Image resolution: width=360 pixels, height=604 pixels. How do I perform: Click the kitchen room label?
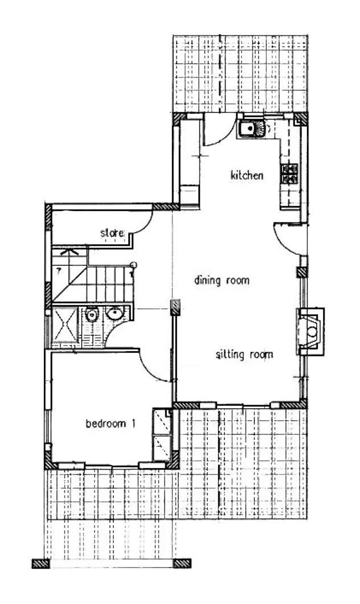(247, 176)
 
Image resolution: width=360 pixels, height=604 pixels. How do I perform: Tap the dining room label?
(222, 280)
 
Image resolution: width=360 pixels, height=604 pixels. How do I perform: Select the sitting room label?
(244, 355)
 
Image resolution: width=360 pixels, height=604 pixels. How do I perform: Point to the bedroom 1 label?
(111, 424)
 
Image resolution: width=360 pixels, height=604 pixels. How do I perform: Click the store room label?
(112, 233)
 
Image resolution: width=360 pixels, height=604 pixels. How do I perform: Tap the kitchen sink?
(252, 129)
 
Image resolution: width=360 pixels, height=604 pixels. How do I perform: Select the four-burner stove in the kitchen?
(290, 173)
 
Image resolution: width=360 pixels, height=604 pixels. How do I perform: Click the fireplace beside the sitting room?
(310, 331)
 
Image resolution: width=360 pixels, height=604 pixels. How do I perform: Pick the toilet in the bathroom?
(92, 315)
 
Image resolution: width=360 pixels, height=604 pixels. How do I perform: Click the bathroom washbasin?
(115, 313)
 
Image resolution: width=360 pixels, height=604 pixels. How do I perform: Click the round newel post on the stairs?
(133, 265)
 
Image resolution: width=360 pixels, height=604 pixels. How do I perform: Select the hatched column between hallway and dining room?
(175, 307)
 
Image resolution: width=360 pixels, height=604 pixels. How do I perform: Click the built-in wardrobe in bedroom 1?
(162, 434)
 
